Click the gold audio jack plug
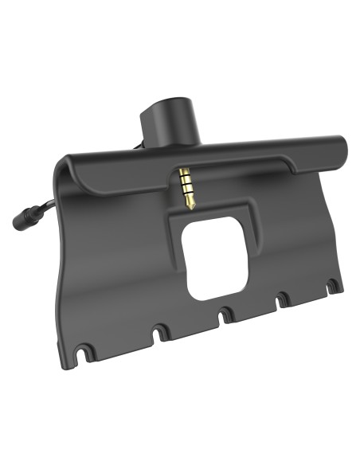pos(187,190)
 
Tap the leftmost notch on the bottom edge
pos(82,348)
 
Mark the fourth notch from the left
pos(283,299)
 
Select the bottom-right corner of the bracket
pos(341,288)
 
